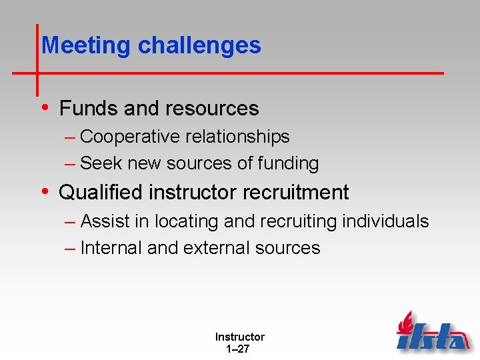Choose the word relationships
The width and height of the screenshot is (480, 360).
[x=237, y=137]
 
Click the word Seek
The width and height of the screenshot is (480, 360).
[x=101, y=163]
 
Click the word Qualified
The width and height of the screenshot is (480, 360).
[x=101, y=193]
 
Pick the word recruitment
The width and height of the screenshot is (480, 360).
[x=295, y=193]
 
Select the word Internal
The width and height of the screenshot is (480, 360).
[x=111, y=248]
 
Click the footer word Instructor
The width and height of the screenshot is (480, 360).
[x=239, y=337]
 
